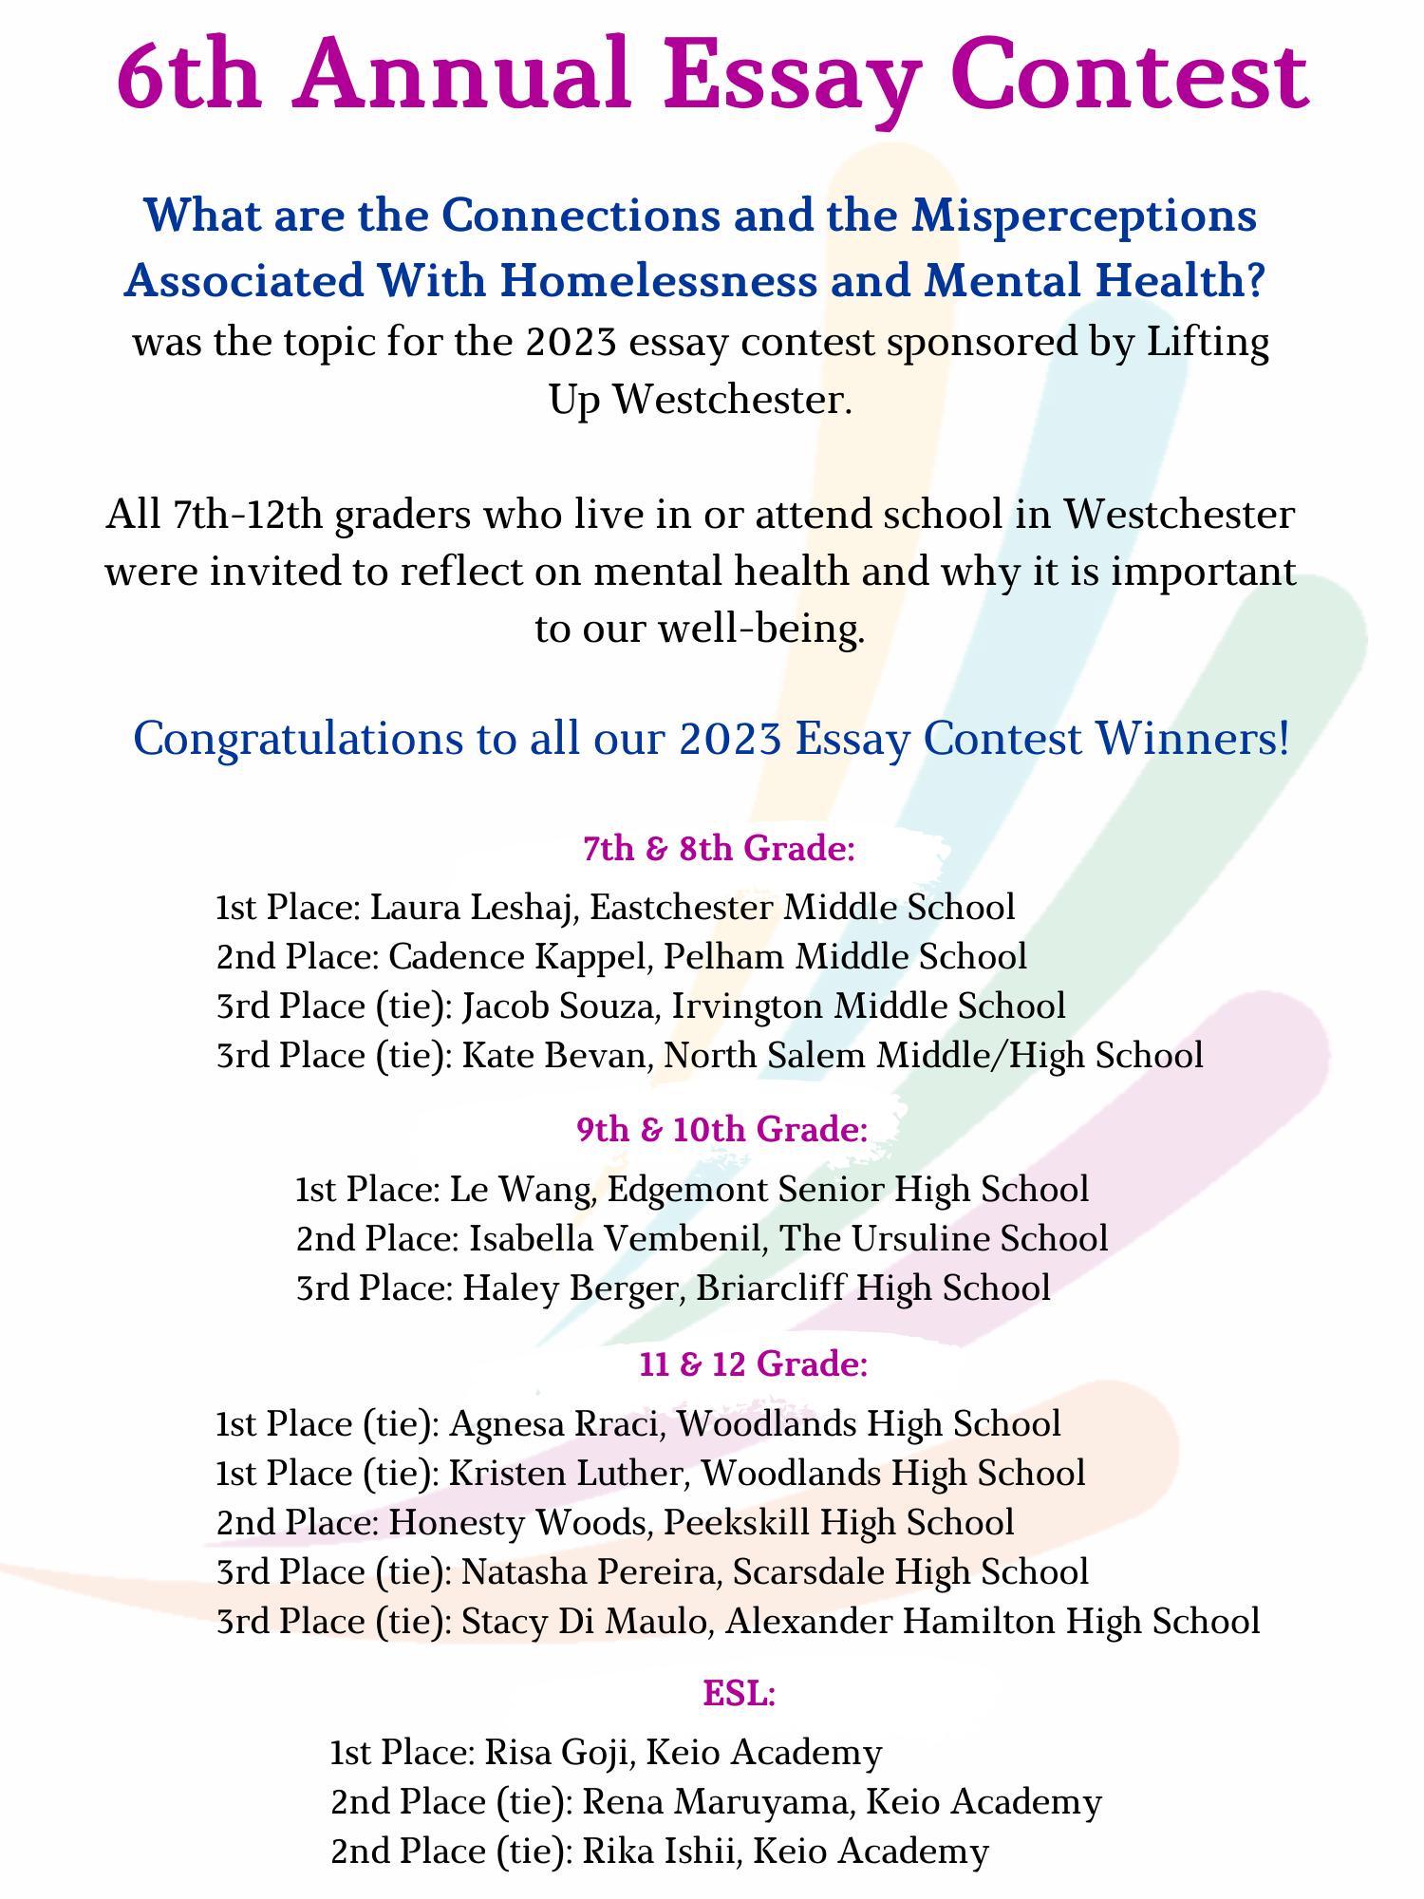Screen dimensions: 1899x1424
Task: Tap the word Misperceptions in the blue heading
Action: (x=1084, y=216)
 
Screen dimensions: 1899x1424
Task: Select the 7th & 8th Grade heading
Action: (x=720, y=848)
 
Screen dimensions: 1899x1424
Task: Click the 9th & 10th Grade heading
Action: (x=721, y=1130)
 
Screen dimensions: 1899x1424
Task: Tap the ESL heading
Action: (x=740, y=1693)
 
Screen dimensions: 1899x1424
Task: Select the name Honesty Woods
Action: (x=518, y=1523)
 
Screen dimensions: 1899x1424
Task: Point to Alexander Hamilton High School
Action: (x=993, y=1621)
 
